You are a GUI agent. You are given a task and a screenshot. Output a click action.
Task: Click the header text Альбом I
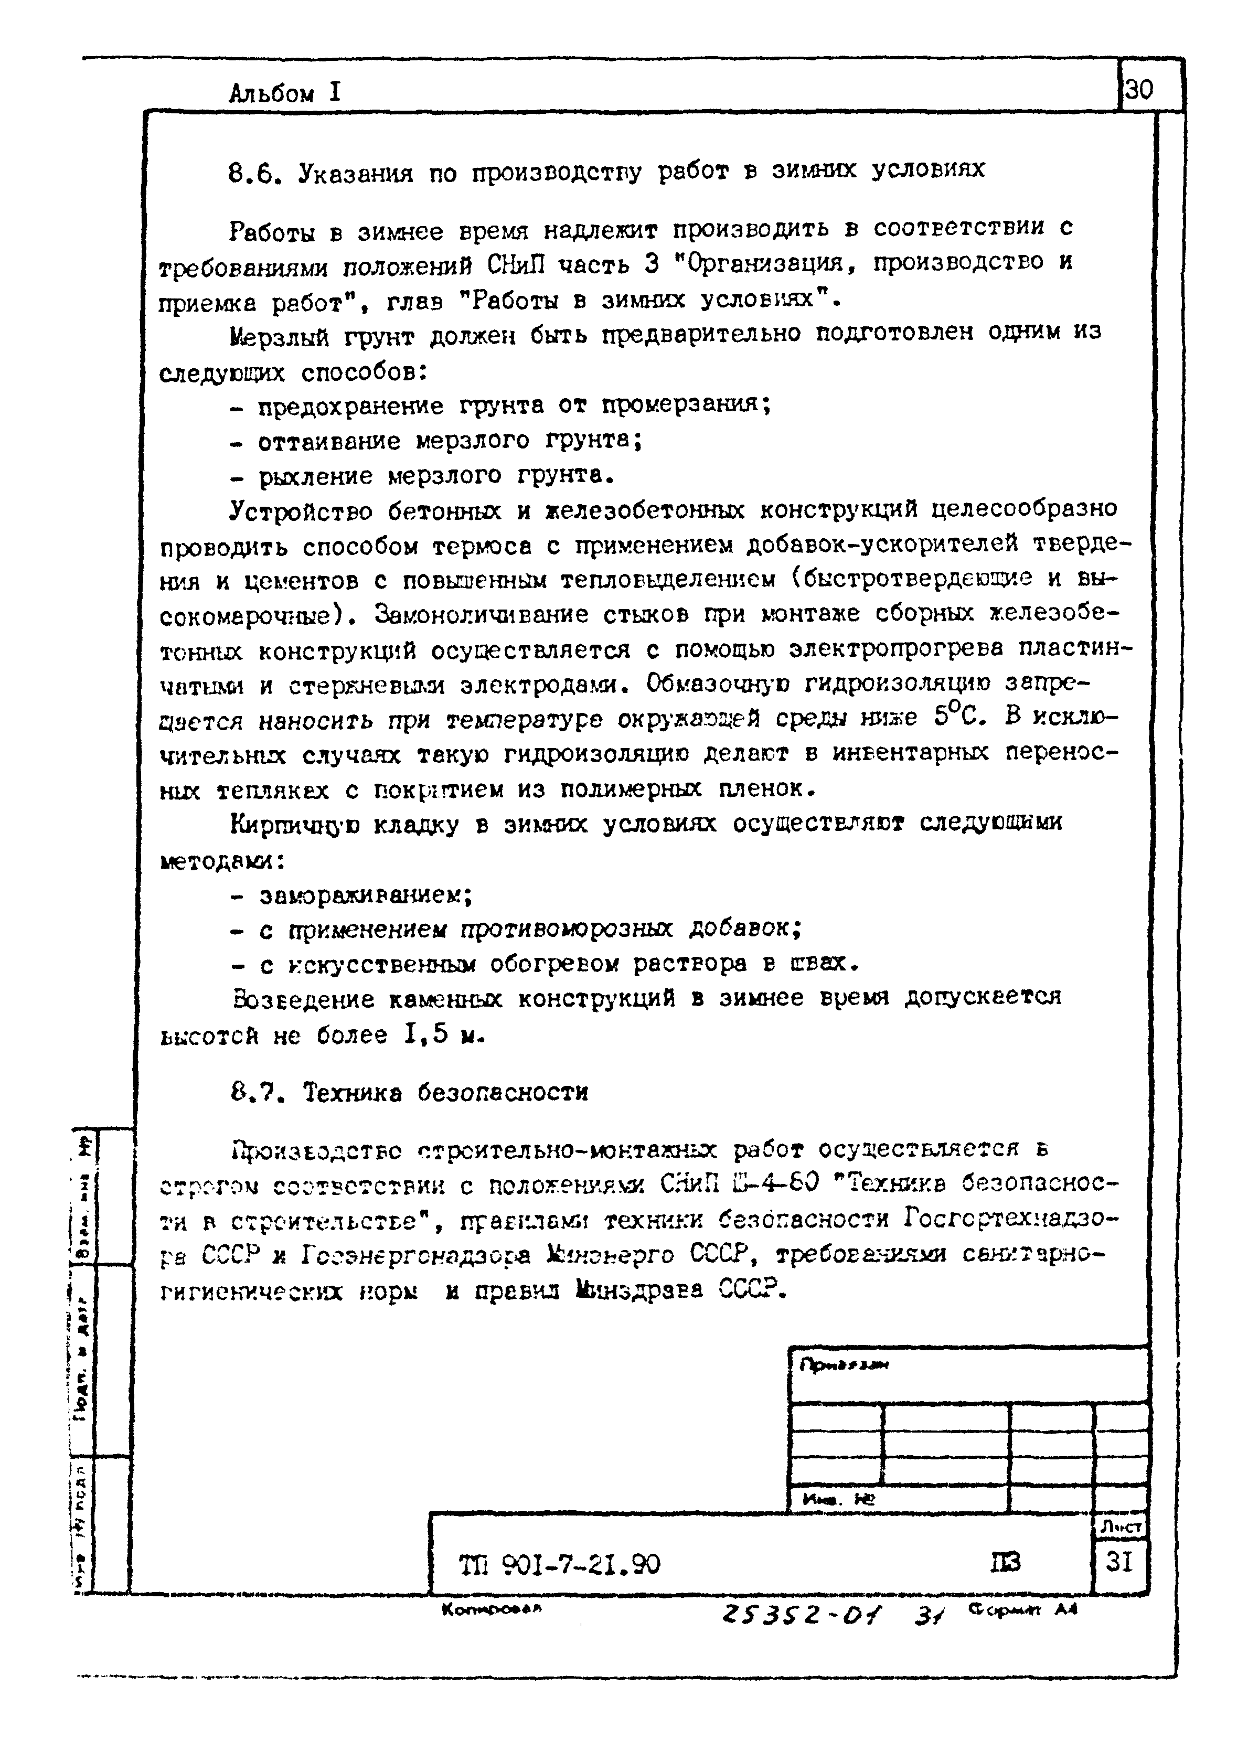click(x=284, y=93)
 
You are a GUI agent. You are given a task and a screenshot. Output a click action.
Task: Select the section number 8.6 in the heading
click(x=251, y=174)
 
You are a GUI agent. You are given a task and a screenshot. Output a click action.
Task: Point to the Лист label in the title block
click(x=1121, y=1526)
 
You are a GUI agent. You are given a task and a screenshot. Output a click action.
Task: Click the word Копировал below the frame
click(x=492, y=1609)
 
